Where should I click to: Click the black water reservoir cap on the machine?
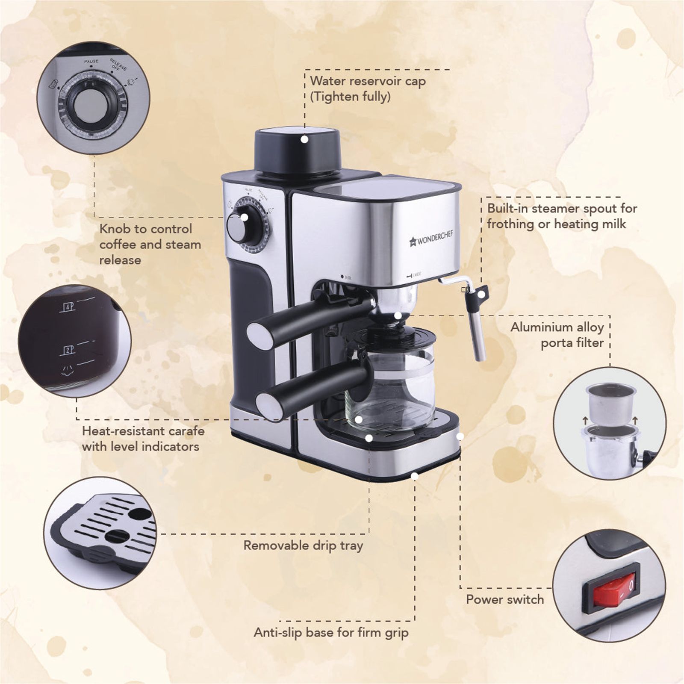pos(298,152)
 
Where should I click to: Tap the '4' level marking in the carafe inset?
pos(69,307)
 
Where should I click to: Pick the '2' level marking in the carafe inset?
pos(69,350)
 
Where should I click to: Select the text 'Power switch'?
pos(504,599)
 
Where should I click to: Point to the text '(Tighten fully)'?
pos(350,96)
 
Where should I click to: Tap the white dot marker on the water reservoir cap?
pos(304,139)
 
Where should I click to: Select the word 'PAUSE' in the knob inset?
pos(91,62)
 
